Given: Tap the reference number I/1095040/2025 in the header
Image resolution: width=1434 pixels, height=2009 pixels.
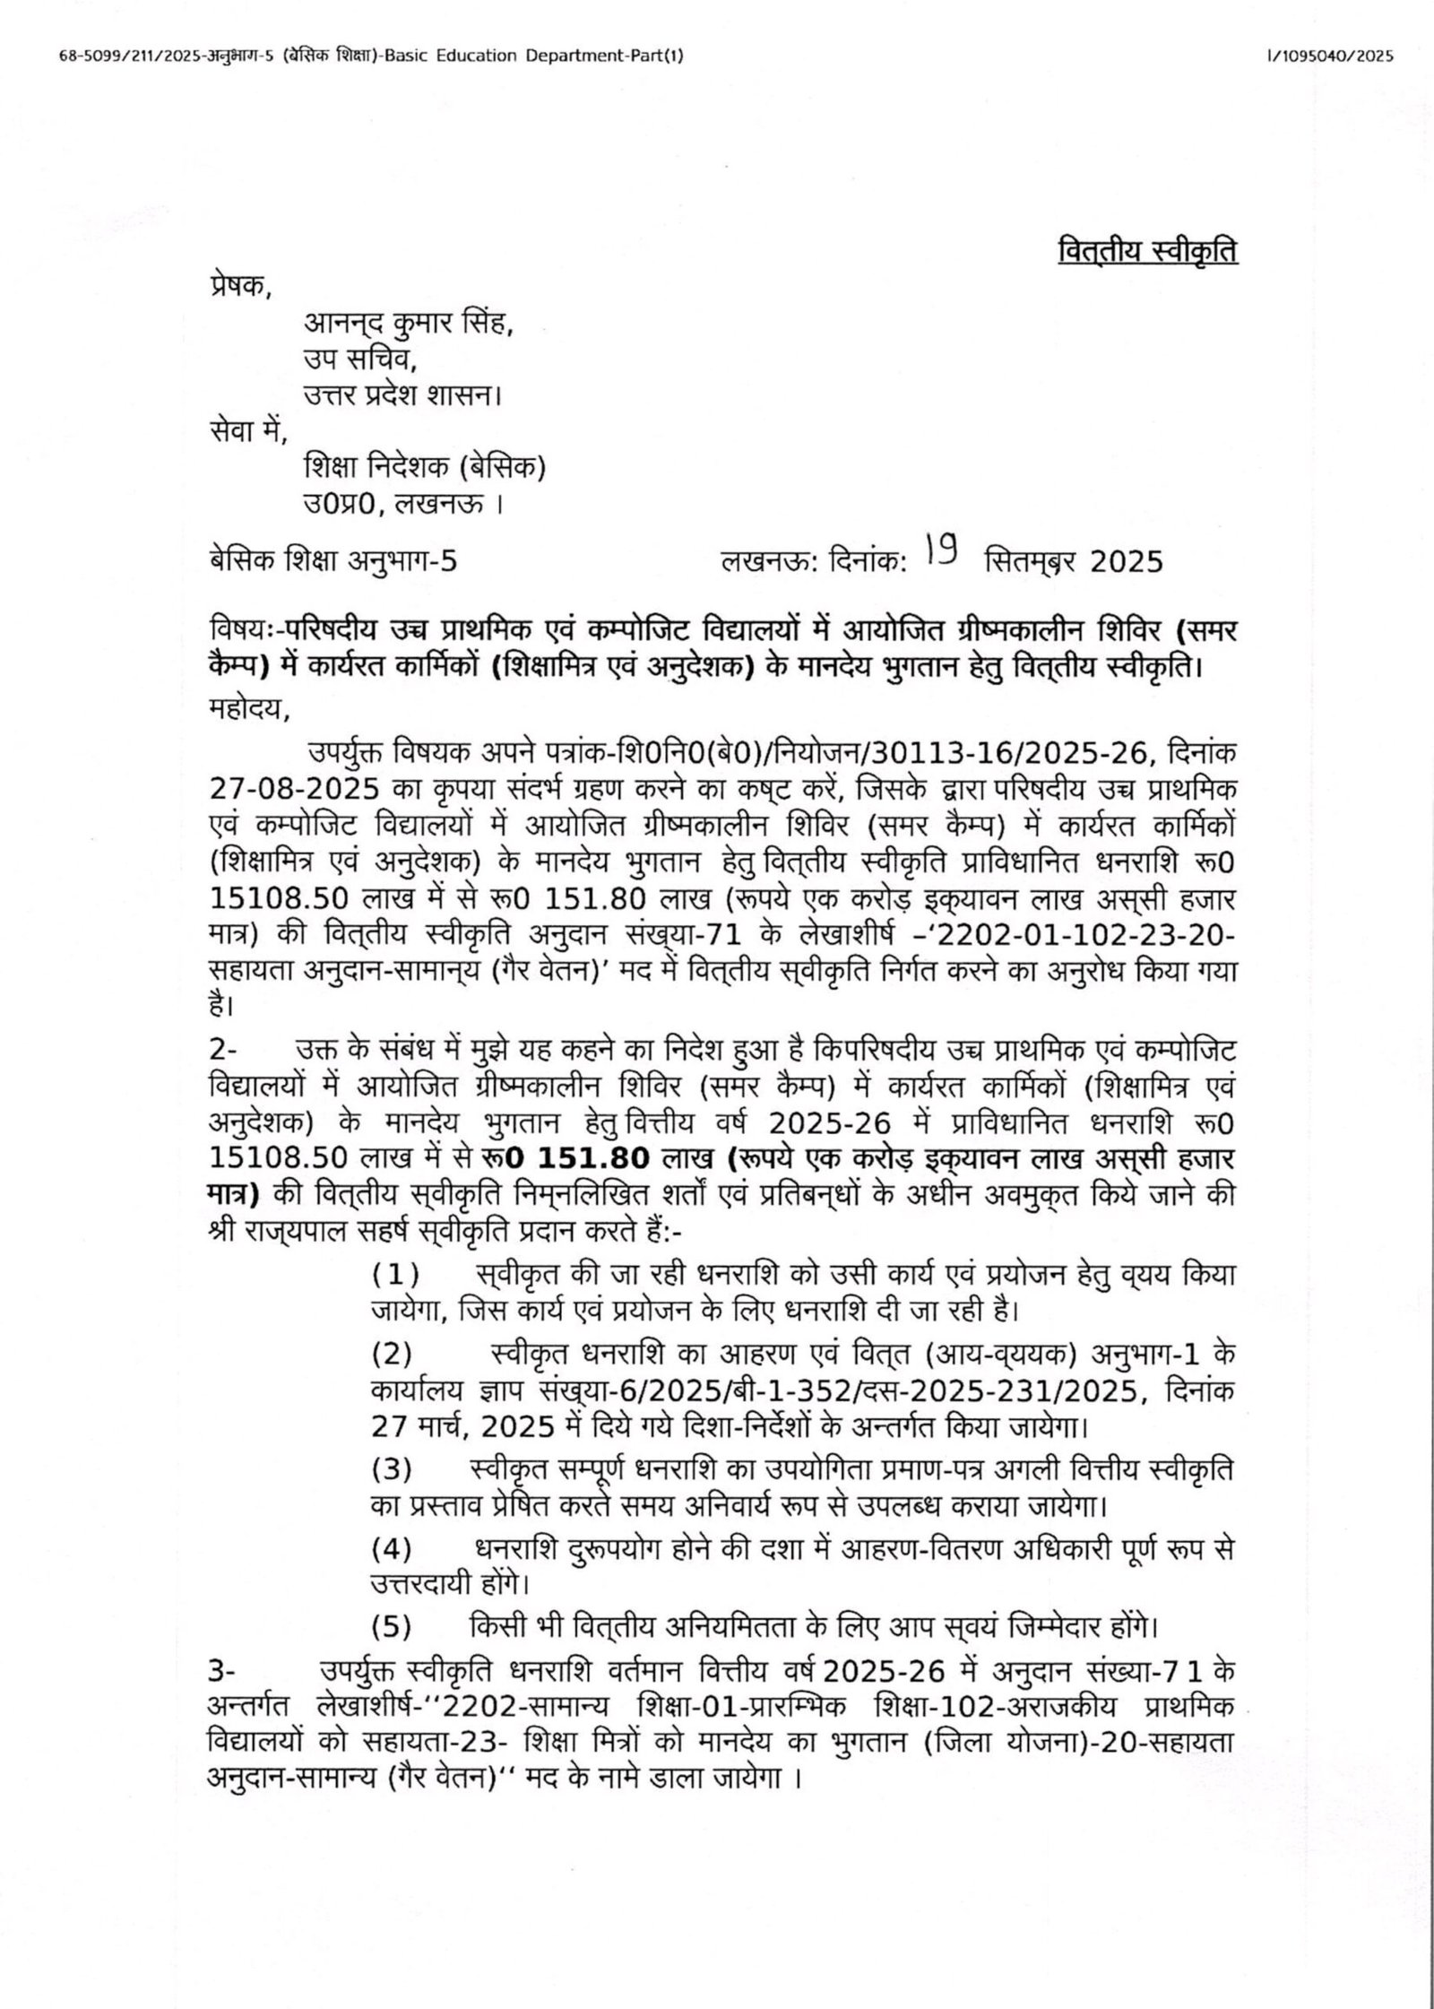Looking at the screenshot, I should point(1330,56).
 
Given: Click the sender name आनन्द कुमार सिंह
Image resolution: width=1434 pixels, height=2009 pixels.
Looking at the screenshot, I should point(409,321).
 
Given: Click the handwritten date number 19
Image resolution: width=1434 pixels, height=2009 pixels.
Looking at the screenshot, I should point(944,558).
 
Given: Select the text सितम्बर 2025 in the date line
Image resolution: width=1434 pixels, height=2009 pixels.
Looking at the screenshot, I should point(1073,562).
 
